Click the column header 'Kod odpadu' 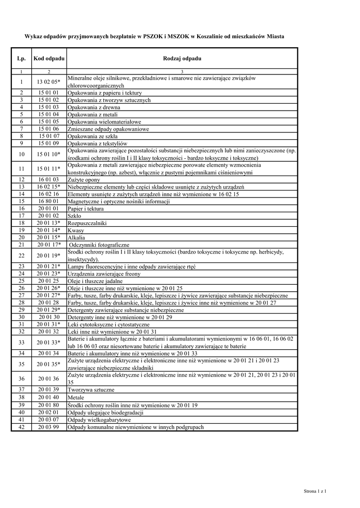click(49, 59)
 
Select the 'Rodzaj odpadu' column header click(182, 59)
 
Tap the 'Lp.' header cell click(21, 59)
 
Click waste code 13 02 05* click(49, 82)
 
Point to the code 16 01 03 click(49, 180)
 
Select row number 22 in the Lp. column click(21, 255)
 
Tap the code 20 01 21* click(49, 266)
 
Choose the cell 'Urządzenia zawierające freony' click(104, 274)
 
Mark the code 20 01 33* click(49, 342)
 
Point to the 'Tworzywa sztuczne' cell click(88, 389)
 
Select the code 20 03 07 click(49, 419)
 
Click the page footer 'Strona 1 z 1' click(318, 491)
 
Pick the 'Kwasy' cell click(76, 231)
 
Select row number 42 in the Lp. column click(21, 427)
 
